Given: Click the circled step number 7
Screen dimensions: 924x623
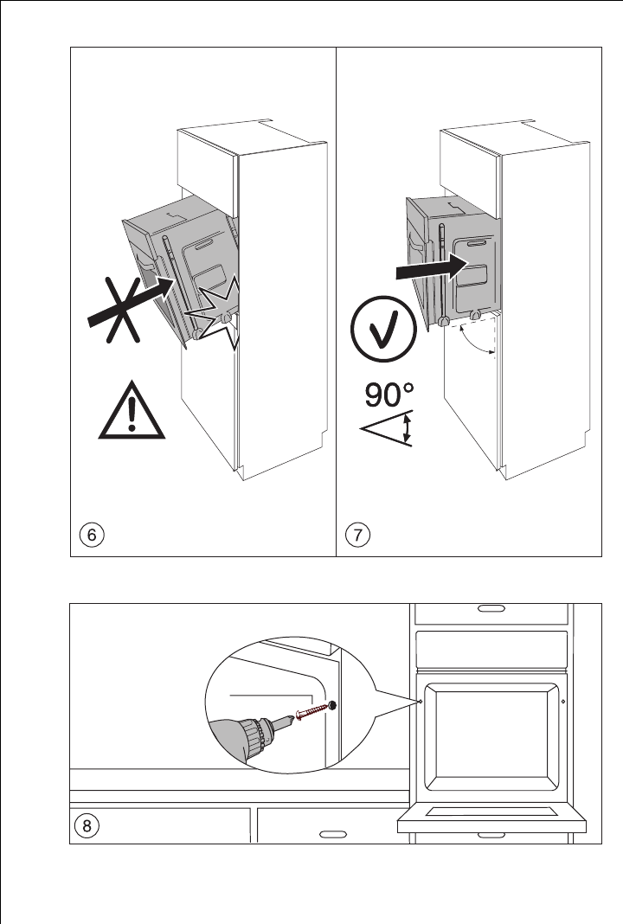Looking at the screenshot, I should click(x=356, y=534).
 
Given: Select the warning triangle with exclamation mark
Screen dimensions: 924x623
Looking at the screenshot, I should click(x=131, y=413).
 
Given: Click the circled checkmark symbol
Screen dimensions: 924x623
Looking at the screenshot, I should click(x=378, y=331).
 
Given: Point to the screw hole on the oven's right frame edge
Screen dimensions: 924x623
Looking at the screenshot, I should click(x=563, y=702).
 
